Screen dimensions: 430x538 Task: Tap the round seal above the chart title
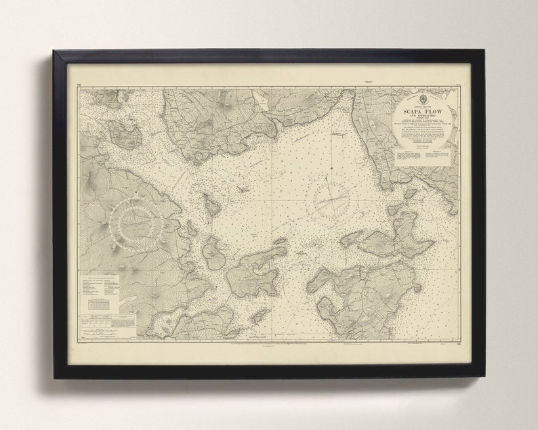pos(413,95)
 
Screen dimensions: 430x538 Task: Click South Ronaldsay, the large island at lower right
pos(369,298)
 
